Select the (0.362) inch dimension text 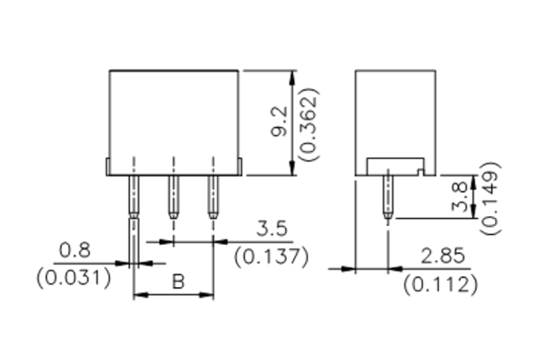pos(309,123)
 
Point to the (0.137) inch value pos(272,256)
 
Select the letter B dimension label pos(177,283)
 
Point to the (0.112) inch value pos(440,285)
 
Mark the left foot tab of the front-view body pos(108,166)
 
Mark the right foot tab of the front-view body pos(239,166)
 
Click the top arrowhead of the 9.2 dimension pos(291,76)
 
